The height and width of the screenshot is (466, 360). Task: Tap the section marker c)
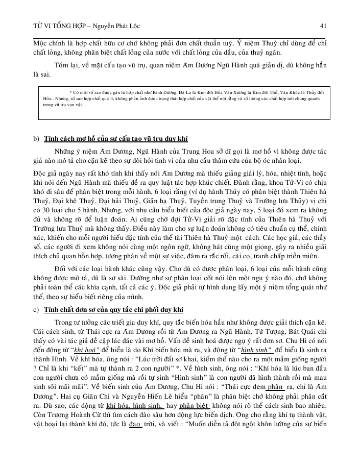click(35, 310)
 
